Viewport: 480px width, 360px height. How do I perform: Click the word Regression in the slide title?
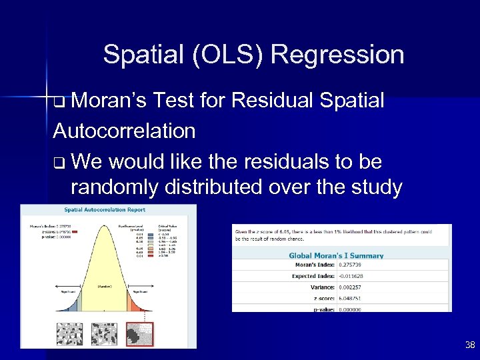coord(337,55)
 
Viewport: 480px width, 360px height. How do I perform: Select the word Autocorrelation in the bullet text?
coord(124,131)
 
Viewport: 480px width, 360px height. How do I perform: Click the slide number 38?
coord(469,345)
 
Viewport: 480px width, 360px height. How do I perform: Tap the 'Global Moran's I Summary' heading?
coord(336,255)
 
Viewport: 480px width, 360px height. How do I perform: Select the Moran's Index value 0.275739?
coord(351,265)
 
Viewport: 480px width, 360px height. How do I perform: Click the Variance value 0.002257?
coord(351,287)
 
